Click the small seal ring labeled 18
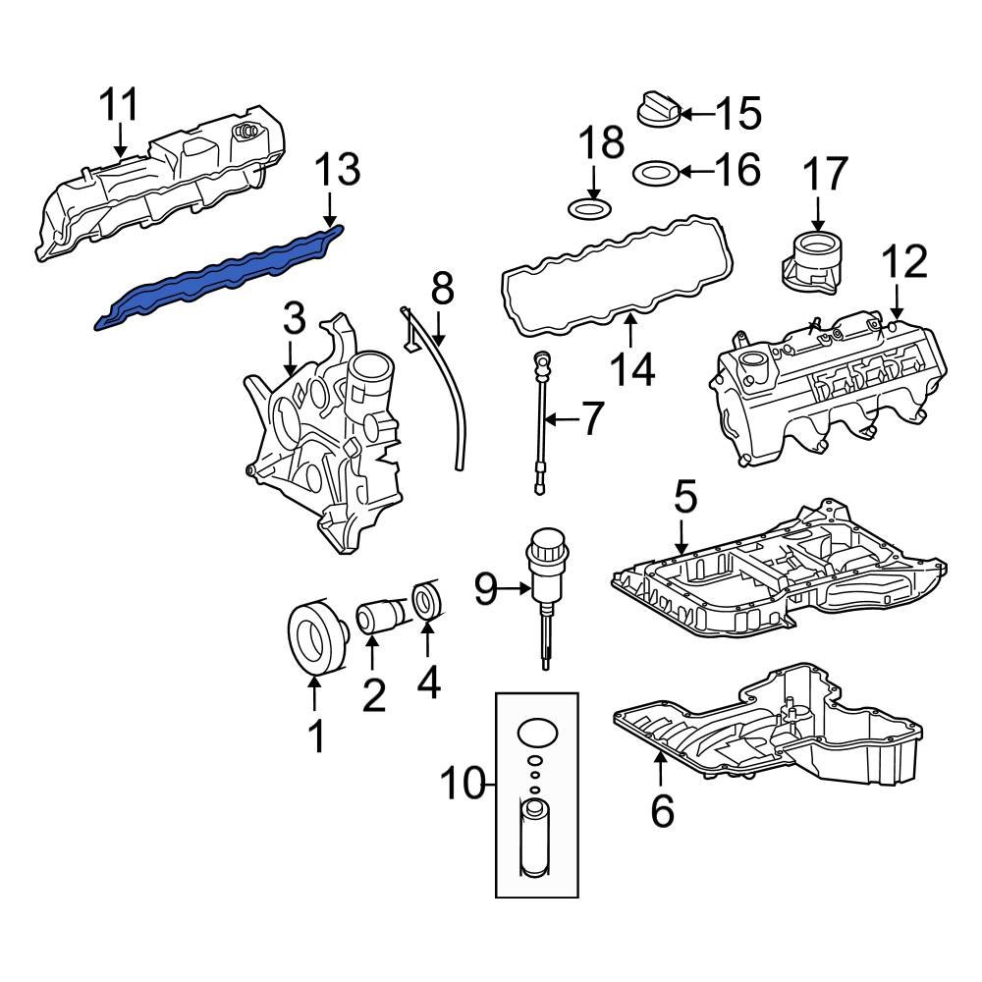[x=587, y=209]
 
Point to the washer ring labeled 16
[x=653, y=174]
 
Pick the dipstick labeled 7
[x=539, y=422]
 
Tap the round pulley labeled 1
[x=317, y=639]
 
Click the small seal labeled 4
[x=428, y=603]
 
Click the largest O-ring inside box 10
[x=536, y=734]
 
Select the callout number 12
[x=903, y=262]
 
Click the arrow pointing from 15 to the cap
[x=696, y=114]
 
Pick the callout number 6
[x=663, y=811]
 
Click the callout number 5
[x=684, y=498]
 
